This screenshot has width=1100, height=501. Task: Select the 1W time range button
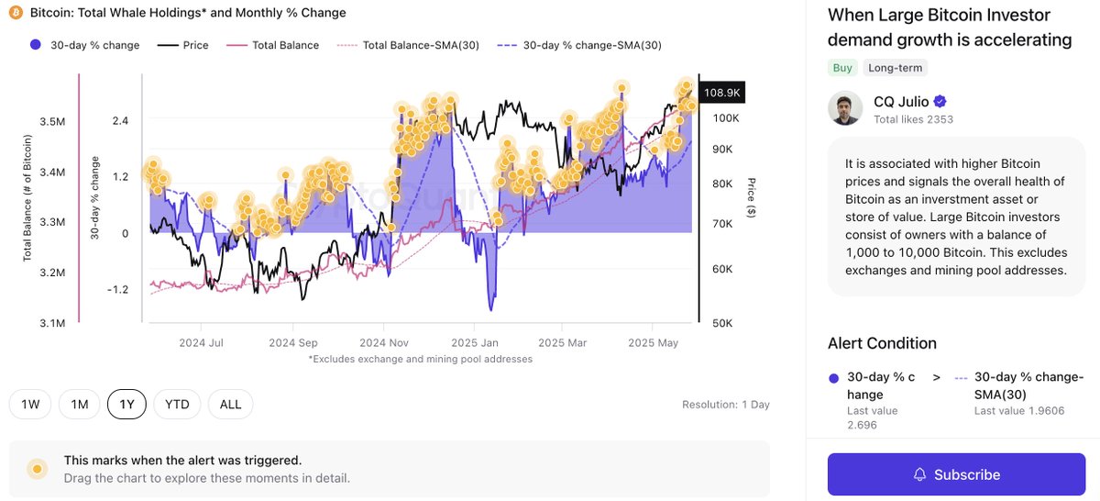[x=29, y=404]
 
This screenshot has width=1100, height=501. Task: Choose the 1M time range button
[x=79, y=404]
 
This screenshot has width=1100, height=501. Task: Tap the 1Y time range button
[x=127, y=404]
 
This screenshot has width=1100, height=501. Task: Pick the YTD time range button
[x=177, y=404]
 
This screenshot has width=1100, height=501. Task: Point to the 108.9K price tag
[x=722, y=93]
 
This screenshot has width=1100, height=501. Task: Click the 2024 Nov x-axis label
[x=384, y=342]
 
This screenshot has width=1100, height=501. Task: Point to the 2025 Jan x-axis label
[x=475, y=342]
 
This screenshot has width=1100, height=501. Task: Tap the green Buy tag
[x=841, y=68]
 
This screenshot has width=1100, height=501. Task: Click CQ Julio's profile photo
[x=844, y=108]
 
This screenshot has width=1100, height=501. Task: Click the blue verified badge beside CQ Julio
[x=940, y=102]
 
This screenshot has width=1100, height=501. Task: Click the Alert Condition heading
[x=882, y=343]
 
